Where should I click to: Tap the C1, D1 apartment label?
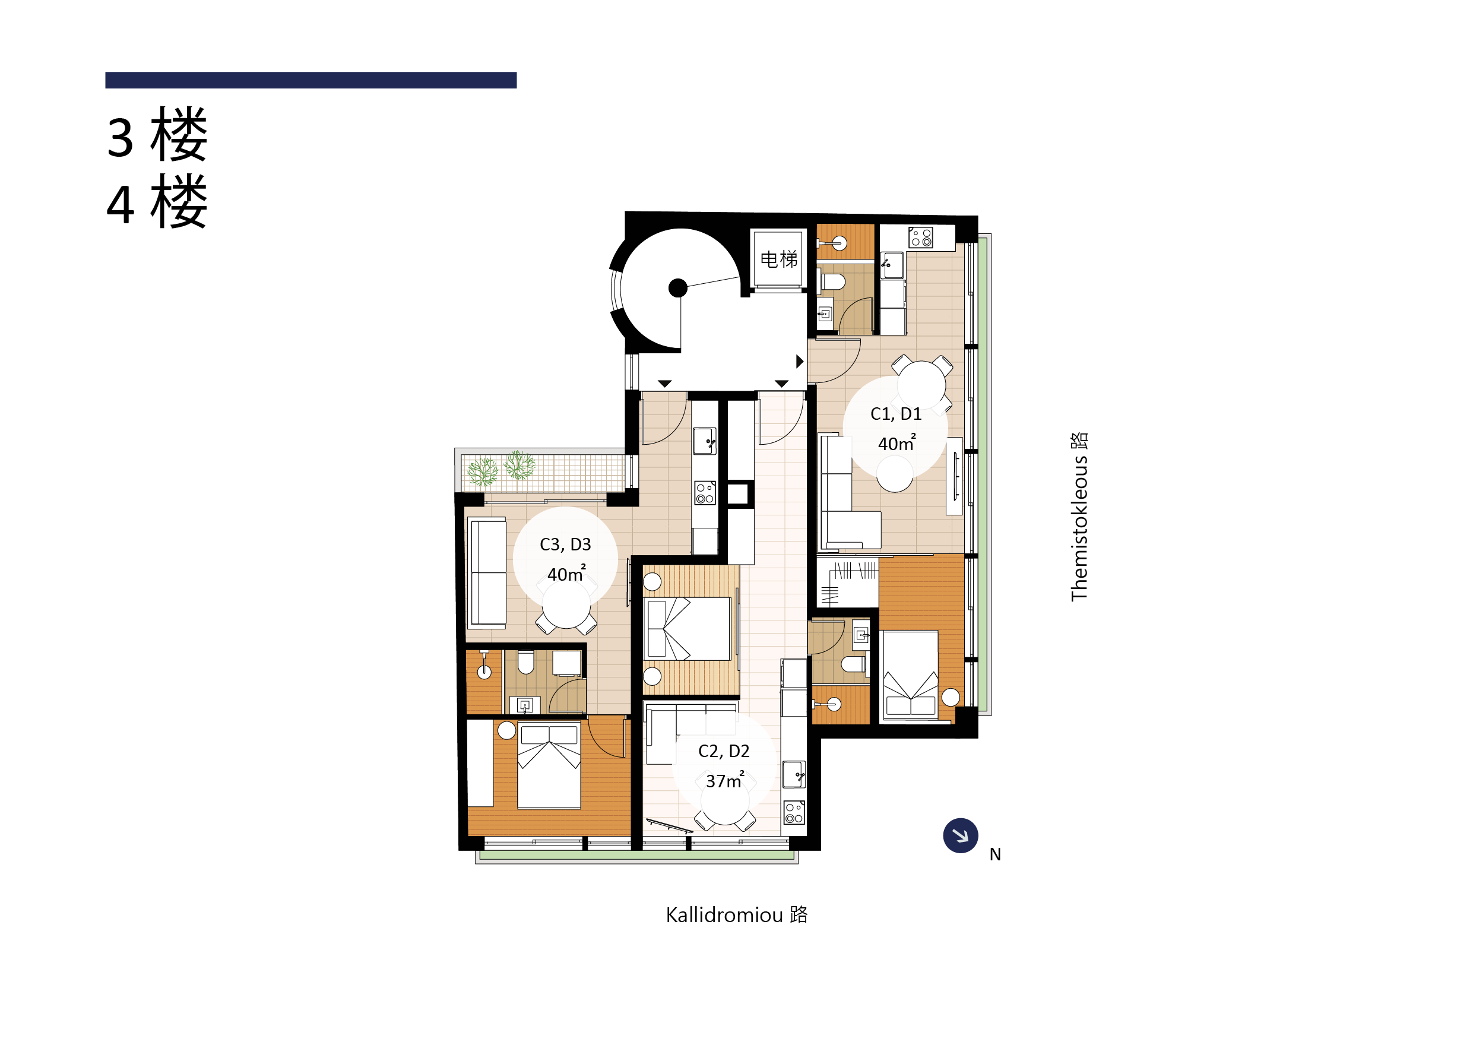tap(896, 414)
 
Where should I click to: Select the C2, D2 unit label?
tap(723, 751)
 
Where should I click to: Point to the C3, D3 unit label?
tap(565, 544)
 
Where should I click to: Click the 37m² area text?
tap(724, 780)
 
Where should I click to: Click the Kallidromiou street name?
tap(736, 914)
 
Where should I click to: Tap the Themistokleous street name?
tap(1079, 517)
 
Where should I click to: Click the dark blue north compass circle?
tap(960, 836)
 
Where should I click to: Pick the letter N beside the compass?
tap(995, 854)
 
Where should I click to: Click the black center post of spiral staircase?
tap(677, 287)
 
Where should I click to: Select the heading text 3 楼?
tap(157, 135)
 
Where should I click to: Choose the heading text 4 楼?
tap(157, 202)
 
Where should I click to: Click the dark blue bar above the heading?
tap(311, 80)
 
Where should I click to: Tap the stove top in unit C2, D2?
tap(793, 813)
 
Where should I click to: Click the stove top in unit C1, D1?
tap(920, 237)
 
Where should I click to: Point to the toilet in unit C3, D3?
tap(526, 661)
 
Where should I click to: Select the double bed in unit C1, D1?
tap(910, 675)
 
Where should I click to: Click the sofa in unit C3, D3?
tap(488, 573)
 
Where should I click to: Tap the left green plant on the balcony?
tap(483, 471)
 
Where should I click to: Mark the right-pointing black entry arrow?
tap(800, 361)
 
